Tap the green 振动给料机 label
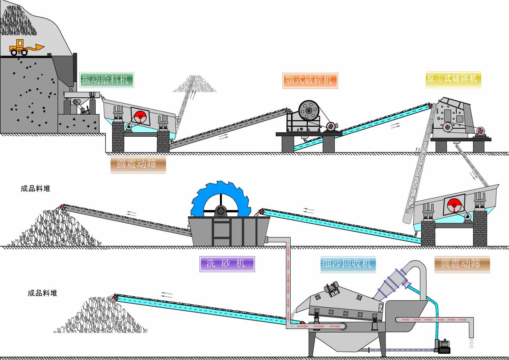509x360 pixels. (107, 80)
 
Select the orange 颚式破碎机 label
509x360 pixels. (310, 80)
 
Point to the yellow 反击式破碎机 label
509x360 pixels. (453, 79)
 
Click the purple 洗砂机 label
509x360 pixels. (227, 264)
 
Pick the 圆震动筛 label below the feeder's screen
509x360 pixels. (138, 164)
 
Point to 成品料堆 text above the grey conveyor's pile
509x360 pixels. (36, 189)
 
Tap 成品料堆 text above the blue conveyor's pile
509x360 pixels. (43, 293)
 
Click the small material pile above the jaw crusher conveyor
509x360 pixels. (194, 86)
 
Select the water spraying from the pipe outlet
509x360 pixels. (471, 343)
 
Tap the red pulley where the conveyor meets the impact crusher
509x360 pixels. (431, 106)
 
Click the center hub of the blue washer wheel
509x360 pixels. (220, 211)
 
